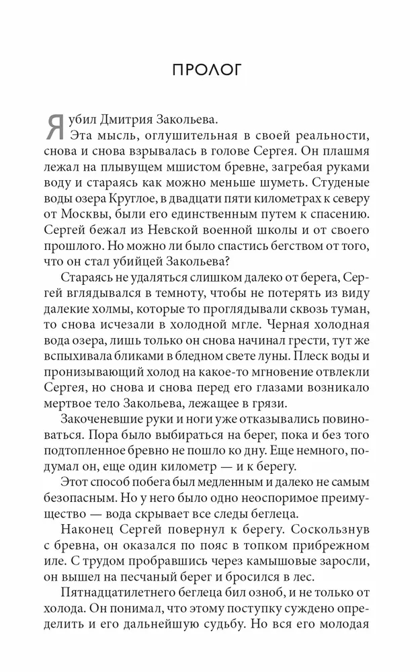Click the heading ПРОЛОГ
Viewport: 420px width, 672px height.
click(x=210, y=70)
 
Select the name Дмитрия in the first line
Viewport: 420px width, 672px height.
click(x=133, y=120)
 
